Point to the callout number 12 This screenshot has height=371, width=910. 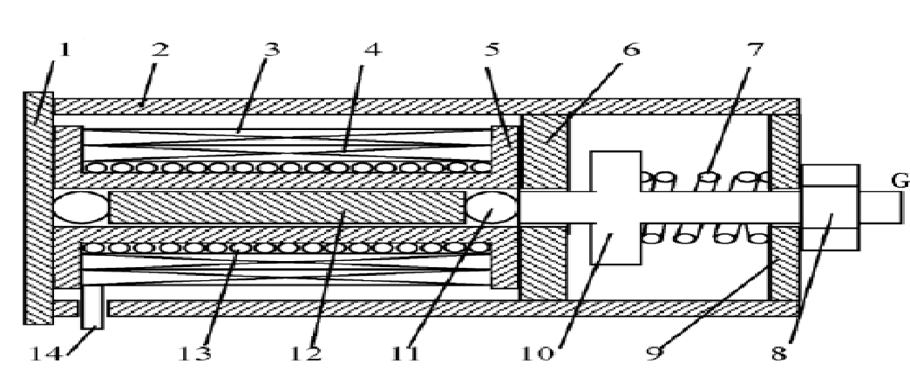pyautogui.click(x=304, y=354)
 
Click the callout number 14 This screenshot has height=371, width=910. pyautogui.click(x=37, y=354)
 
